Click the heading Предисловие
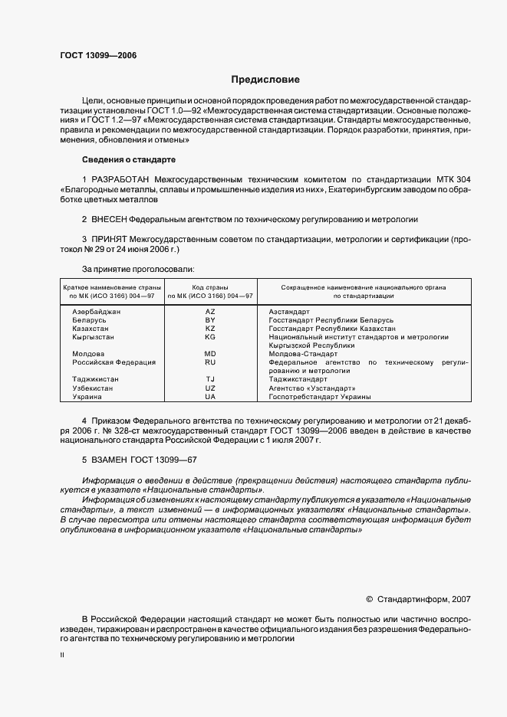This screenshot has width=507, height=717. point(265,80)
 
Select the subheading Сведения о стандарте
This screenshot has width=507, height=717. point(129,159)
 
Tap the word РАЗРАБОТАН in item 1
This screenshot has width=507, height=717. point(121,179)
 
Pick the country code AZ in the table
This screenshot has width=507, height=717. point(210,312)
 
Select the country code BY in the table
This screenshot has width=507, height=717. point(210,320)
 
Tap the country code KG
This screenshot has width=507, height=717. point(210,337)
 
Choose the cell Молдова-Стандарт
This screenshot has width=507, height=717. point(303,354)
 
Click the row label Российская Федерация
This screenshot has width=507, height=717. point(114,362)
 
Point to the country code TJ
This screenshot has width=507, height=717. point(210,379)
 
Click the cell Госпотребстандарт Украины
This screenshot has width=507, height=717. point(320,397)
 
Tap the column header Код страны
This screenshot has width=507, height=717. point(210,286)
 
